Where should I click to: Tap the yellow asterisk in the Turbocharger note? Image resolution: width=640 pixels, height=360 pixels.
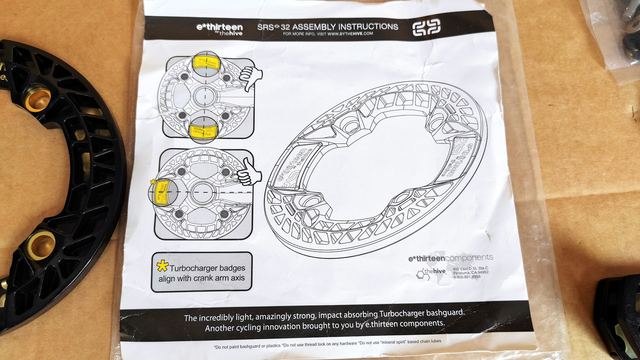[162, 266]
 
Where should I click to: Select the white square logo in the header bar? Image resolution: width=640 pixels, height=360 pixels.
[426, 27]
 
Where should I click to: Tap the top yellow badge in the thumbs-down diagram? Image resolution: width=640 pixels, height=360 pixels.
[206, 63]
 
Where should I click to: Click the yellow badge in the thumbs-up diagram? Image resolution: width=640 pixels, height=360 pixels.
[161, 192]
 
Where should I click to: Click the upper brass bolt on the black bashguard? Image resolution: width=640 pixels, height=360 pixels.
[38, 99]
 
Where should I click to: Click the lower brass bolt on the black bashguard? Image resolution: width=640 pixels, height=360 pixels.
[40, 245]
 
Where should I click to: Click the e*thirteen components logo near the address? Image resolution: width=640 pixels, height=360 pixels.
[450, 258]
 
